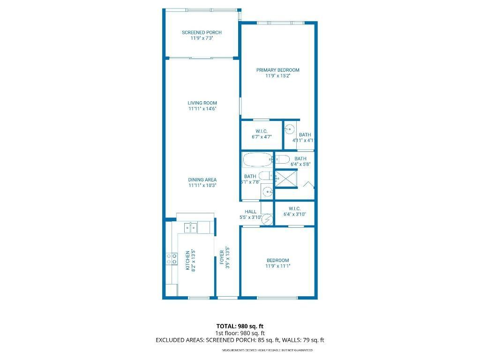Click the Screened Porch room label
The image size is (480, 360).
pos(202,32)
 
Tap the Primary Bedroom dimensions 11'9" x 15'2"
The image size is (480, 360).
pos(277,75)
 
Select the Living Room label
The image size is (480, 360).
pos(202,103)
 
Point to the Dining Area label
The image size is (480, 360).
pos(202,180)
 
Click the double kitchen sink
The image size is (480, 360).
pos(191,228)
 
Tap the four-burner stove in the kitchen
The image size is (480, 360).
pos(172,259)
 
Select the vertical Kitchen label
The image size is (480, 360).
pos(187,260)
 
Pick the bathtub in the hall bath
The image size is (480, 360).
pos(257,160)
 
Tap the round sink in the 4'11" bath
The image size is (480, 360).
pos(290,128)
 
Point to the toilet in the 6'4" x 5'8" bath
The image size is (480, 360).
pos(283,159)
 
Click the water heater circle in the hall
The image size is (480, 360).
pos(267,219)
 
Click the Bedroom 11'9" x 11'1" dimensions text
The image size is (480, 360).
pos(277,266)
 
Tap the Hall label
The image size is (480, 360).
pos(250,211)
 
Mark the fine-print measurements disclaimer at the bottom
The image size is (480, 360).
pos(267,350)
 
